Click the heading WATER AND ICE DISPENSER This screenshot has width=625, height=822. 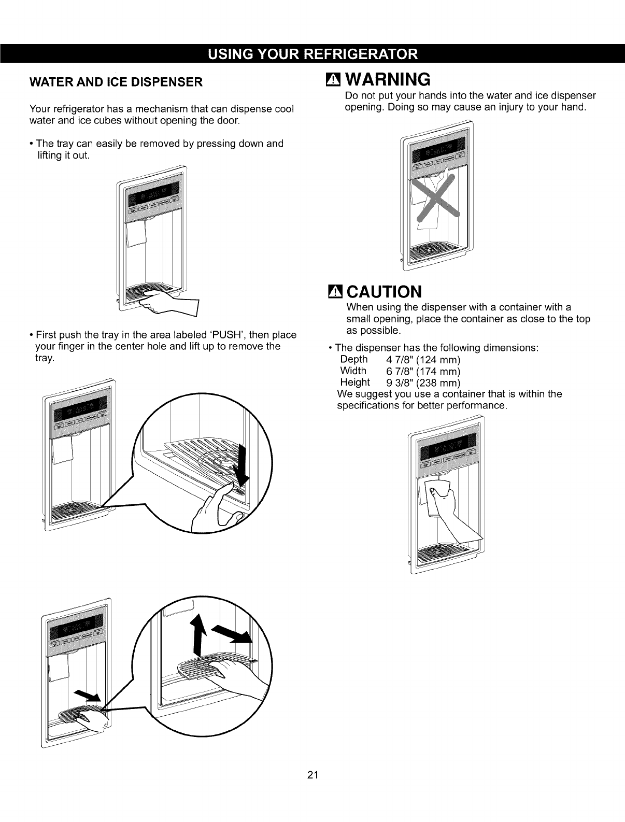point(116,82)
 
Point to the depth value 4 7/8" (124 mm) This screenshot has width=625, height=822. point(423,360)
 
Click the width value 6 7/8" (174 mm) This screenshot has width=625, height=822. point(423,371)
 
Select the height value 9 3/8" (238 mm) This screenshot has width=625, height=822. point(423,383)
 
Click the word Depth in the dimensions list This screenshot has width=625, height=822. point(353,360)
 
